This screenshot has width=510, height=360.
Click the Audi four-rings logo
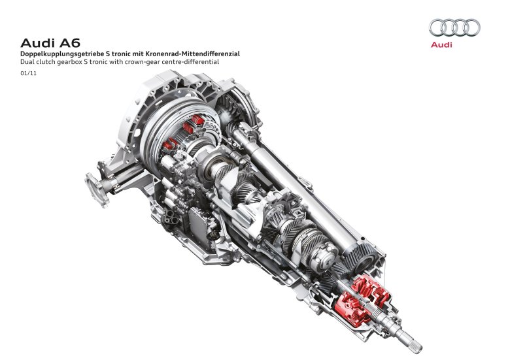click(454, 28)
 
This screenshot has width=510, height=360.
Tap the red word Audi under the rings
click(441, 46)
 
